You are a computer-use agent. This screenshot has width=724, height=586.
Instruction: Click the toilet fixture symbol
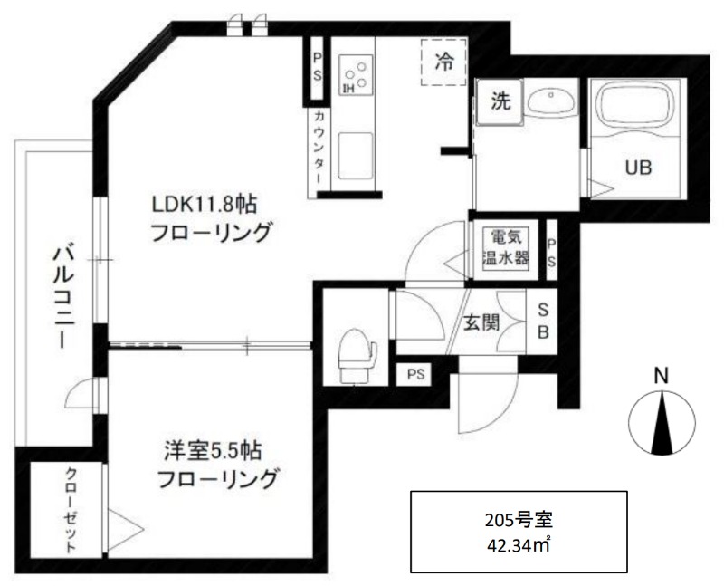pos(356,355)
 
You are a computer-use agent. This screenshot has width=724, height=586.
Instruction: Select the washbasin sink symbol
pos(551,101)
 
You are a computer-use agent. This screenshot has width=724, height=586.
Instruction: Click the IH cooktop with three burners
pos(356,75)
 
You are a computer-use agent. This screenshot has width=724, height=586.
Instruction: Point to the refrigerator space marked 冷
pos(443,62)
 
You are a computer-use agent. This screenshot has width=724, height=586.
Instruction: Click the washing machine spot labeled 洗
pos(500,101)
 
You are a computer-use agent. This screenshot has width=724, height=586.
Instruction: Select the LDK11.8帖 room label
pos(205,204)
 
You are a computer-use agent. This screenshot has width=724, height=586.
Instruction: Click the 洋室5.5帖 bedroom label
pos(214,450)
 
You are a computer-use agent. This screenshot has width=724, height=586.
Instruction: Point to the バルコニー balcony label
pos(63,297)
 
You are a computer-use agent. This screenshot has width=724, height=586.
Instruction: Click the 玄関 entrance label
pos(481,322)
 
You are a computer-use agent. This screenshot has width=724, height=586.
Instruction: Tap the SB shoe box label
pos(543,322)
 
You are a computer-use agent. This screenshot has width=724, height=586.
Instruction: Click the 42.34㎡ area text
pos(519,546)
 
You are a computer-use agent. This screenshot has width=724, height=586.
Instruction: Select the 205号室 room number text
pos(519,521)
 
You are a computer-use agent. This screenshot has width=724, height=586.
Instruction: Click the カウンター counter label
pos(319,147)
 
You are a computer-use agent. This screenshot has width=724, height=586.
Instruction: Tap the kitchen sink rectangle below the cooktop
pos(355,155)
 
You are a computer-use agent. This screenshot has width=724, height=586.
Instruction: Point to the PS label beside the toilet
pos(416,374)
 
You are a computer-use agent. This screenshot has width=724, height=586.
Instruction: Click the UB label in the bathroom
pos(639,168)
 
